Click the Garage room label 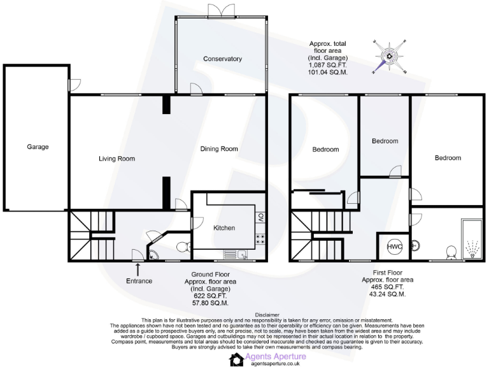click(x=38, y=147)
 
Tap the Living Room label click(x=117, y=159)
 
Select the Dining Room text click(x=219, y=149)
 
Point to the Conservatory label click(x=222, y=59)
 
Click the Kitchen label click(x=224, y=227)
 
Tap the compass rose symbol click(x=388, y=57)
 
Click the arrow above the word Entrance click(x=139, y=270)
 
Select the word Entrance click(x=139, y=281)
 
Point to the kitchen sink click(x=243, y=255)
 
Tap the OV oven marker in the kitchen click(x=261, y=217)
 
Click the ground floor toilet click(x=181, y=247)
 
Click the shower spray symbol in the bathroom click(x=472, y=246)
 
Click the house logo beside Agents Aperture click(x=236, y=359)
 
